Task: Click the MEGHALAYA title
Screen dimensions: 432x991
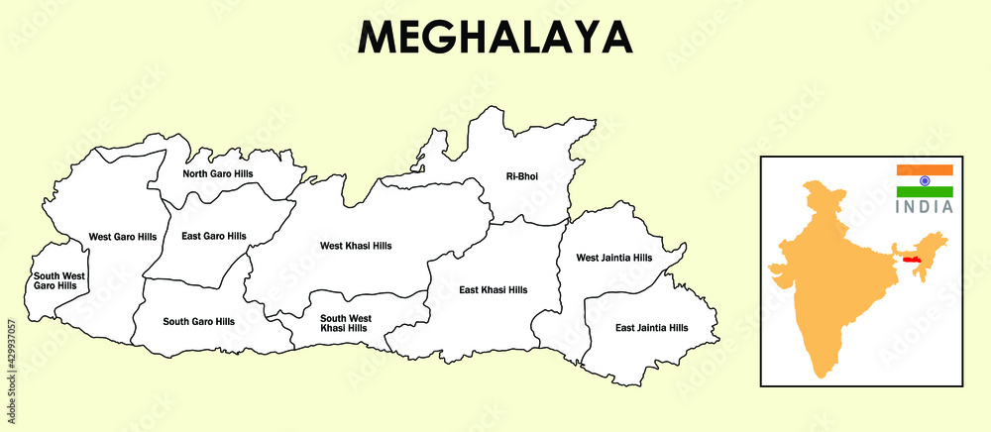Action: (x=495, y=37)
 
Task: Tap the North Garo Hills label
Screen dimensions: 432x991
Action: (x=217, y=173)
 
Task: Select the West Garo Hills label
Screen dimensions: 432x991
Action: (x=122, y=237)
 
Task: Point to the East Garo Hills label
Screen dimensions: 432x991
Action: (x=213, y=236)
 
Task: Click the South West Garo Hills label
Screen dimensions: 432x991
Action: (x=59, y=280)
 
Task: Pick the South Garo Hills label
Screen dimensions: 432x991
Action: (x=198, y=321)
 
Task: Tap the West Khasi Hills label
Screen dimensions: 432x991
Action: (x=356, y=245)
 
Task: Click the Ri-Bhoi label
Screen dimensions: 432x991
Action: (x=522, y=176)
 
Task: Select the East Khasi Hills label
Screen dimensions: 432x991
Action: (x=494, y=289)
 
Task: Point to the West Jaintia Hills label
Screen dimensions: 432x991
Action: (x=614, y=258)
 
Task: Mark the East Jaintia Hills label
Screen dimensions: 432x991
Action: (x=651, y=327)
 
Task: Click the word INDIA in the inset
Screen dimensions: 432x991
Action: (x=925, y=207)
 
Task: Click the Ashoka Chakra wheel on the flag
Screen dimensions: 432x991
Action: (x=925, y=181)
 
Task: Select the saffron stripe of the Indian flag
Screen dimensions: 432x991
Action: (x=925, y=170)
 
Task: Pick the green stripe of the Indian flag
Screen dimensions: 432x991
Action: (x=925, y=192)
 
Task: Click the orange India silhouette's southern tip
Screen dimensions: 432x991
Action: (x=820, y=376)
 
